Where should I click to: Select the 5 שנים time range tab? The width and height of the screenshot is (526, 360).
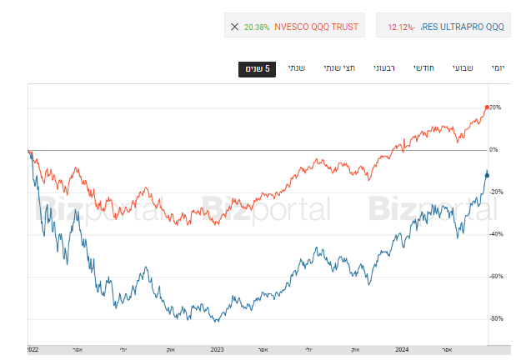(257, 68)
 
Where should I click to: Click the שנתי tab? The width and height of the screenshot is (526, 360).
(296, 68)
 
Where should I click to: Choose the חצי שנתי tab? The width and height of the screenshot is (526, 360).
(340, 68)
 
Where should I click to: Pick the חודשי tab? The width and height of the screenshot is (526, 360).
(426, 68)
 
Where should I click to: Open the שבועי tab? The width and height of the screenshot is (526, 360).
(463, 68)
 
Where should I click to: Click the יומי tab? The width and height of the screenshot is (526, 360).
(498, 68)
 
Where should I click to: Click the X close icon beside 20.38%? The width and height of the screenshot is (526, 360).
(234, 27)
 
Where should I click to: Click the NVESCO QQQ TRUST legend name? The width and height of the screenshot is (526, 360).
(317, 27)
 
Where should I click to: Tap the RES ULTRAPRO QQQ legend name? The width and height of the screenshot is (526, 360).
(463, 27)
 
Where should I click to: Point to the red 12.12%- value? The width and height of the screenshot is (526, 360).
(402, 27)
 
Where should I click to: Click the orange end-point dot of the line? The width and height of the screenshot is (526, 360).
(488, 107)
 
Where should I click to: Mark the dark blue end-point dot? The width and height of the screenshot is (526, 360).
(488, 174)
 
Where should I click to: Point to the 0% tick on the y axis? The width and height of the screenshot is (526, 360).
(493, 150)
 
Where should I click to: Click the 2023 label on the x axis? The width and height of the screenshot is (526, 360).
(218, 349)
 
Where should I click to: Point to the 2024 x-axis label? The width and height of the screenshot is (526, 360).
(403, 349)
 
